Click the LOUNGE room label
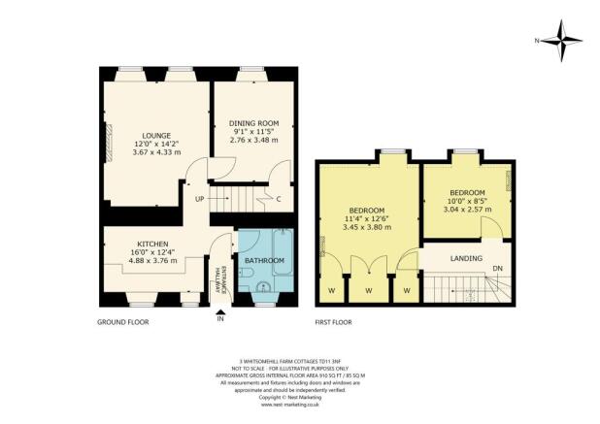pyautogui.click(x=156, y=135)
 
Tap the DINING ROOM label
pyautogui.click(x=253, y=123)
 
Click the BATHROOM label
pyautogui.click(x=264, y=260)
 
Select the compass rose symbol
pyautogui.click(x=560, y=41)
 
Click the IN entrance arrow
pyautogui.click(x=221, y=312)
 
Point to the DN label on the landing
pyautogui.click(x=496, y=269)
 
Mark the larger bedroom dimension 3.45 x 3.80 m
pyautogui.click(x=369, y=228)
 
